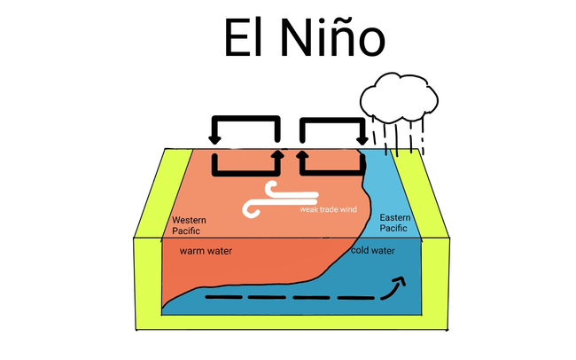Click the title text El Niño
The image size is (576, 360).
303,38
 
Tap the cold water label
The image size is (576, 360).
372,250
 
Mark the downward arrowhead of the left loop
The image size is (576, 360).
214,138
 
